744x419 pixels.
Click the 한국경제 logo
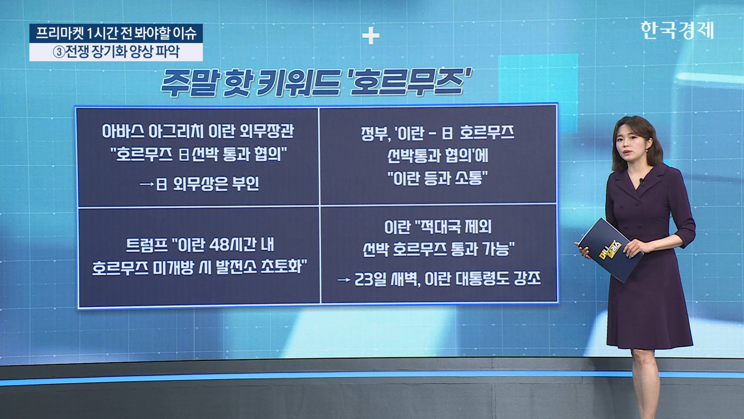[677, 30]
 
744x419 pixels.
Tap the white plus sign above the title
[371, 36]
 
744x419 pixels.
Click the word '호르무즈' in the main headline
[410, 82]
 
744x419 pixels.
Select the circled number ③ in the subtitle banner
[59, 52]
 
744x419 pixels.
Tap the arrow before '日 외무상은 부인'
[147, 184]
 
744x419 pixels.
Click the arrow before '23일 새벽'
[344, 279]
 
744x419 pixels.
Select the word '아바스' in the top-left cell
[123, 131]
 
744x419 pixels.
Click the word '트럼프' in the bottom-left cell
[147, 245]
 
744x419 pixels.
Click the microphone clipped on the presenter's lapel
[642, 181]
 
